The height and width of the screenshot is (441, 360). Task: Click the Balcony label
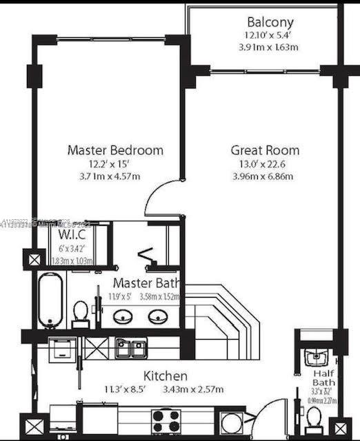point(265,21)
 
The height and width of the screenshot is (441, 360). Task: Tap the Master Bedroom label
point(115,150)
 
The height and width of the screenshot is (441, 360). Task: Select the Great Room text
point(265,150)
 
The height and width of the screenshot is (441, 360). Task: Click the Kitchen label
point(165,376)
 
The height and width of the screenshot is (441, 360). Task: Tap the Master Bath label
point(146,283)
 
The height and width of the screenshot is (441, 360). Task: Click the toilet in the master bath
point(81,314)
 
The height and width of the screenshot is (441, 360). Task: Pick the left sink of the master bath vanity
point(124,316)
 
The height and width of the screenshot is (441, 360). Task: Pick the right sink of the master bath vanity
point(158,316)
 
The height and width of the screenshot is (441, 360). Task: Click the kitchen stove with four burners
point(166,419)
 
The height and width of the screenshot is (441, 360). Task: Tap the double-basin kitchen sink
point(131,348)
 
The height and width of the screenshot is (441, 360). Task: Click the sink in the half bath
point(315,357)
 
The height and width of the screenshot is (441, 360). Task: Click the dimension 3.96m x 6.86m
point(265,176)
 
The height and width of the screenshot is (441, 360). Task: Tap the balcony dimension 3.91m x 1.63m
point(265,47)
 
